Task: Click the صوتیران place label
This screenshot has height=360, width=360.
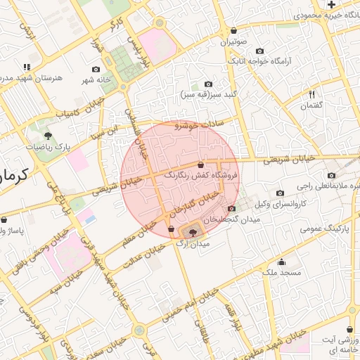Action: (x=234, y=42)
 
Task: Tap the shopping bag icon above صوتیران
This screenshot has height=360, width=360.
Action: (x=233, y=31)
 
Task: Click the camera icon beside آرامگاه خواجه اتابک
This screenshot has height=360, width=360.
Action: (x=260, y=51)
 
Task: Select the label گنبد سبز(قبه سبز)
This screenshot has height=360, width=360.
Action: (x=210, y=94)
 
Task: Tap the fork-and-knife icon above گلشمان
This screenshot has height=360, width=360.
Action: (x=310, y=94)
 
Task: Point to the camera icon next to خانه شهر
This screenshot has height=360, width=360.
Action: (x=96, y=70)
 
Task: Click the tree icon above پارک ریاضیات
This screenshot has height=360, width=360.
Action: (x=48, y=135)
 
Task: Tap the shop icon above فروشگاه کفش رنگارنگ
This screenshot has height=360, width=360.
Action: (x=201, y=164)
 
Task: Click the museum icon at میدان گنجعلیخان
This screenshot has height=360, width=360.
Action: (x=232, y=208)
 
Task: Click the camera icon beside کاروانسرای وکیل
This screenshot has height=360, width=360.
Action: (x=280, y=193)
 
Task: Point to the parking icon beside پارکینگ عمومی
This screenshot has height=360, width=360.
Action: (x=342, y=229)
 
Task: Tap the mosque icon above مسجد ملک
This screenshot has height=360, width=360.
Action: (x=282, y=261)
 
